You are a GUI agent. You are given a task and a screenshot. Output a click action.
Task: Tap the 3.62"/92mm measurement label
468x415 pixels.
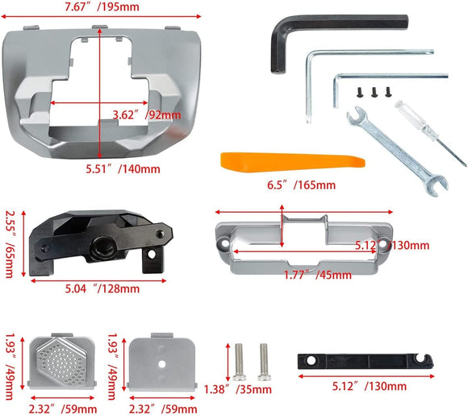tap(146, 114)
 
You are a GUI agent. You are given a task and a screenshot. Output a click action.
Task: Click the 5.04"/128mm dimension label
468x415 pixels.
tap(101, 288)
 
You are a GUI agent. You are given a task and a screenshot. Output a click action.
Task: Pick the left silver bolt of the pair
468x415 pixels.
tap(240, 362)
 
